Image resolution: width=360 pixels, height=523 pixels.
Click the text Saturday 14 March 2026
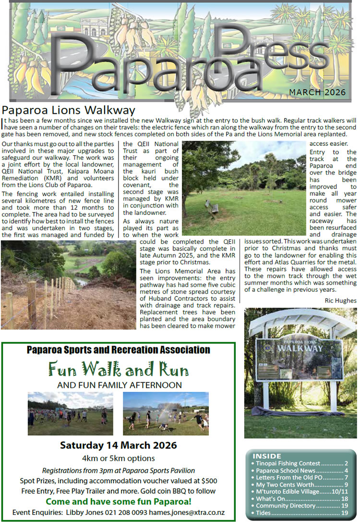click(x=118, y=445)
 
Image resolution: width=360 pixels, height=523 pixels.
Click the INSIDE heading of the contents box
click(x=267, y=456)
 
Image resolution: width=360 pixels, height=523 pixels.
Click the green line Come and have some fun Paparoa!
click(x=118, y=502)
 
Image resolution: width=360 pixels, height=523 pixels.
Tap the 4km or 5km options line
click(x=118, y=458)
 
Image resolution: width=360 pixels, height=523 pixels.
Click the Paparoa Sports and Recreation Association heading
click(x=118, y=350)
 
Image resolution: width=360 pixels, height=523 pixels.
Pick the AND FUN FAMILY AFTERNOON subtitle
click(x=119, y=385)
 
